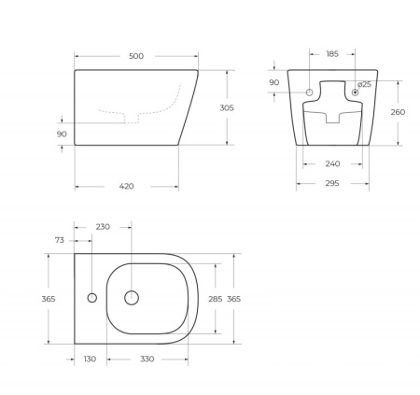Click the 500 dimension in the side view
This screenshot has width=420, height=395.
coord(136,56)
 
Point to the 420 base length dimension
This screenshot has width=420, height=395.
coord(127,186)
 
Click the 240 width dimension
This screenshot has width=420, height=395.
coord(331,163)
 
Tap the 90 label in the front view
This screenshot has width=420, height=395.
coord(273,83)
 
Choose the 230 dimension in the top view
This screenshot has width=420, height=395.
coord(103,227)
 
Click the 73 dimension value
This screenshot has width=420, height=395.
coord(60,240)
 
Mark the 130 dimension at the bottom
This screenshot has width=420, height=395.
coord(90,358)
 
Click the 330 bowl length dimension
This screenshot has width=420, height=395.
coord(147,358)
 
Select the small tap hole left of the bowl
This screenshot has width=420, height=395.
coord(91,299)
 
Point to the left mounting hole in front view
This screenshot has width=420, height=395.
coord(310,92)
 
